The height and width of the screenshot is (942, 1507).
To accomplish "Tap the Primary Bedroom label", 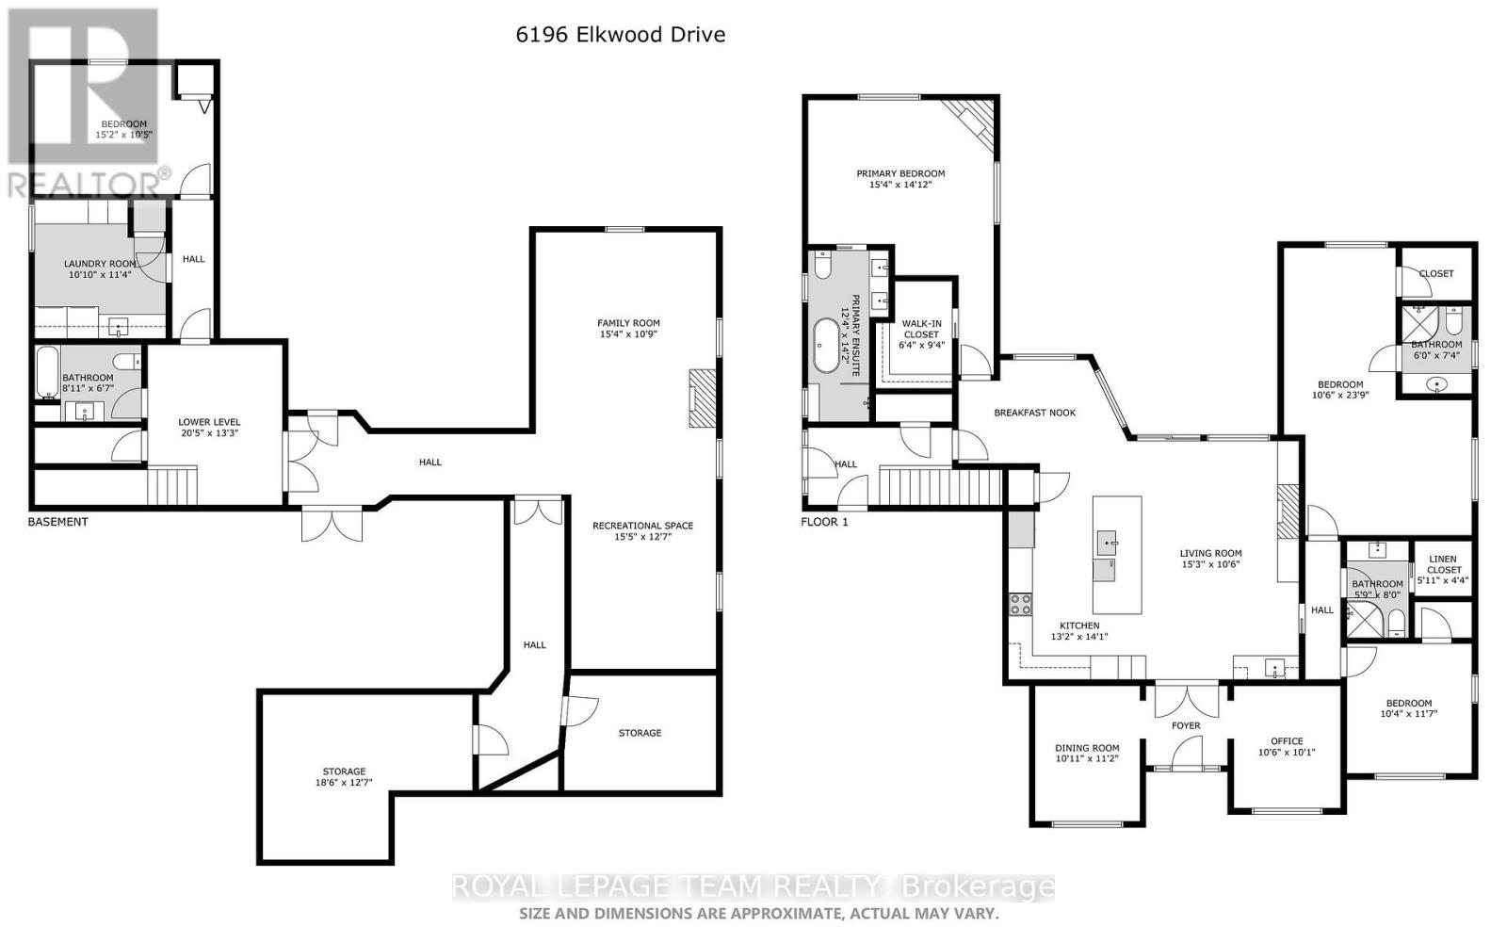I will coord(899,173).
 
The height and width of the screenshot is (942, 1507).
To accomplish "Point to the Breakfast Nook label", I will coord(1034,413).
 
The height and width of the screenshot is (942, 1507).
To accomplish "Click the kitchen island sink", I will coord(1108,543).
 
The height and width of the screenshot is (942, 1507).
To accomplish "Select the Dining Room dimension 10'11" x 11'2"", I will coord(1086,758).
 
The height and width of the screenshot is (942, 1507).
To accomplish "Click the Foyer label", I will coord(1186,725).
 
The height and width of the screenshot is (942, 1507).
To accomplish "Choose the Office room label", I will coord(1286,741).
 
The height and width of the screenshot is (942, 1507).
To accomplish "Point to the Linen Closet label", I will coord(1443,564).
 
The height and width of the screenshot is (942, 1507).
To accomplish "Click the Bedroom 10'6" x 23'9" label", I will coord(1339,384).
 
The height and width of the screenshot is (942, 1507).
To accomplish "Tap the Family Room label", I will coord(628,323).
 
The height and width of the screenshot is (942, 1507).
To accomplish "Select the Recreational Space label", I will coord(642,526).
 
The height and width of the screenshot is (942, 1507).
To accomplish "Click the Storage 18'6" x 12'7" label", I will coord(343,771).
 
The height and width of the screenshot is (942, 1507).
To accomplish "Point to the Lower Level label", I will coord(209,422).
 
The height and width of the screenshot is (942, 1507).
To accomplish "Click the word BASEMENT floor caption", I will coord(57,522).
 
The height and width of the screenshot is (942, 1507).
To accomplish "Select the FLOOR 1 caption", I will coord(824,522).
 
